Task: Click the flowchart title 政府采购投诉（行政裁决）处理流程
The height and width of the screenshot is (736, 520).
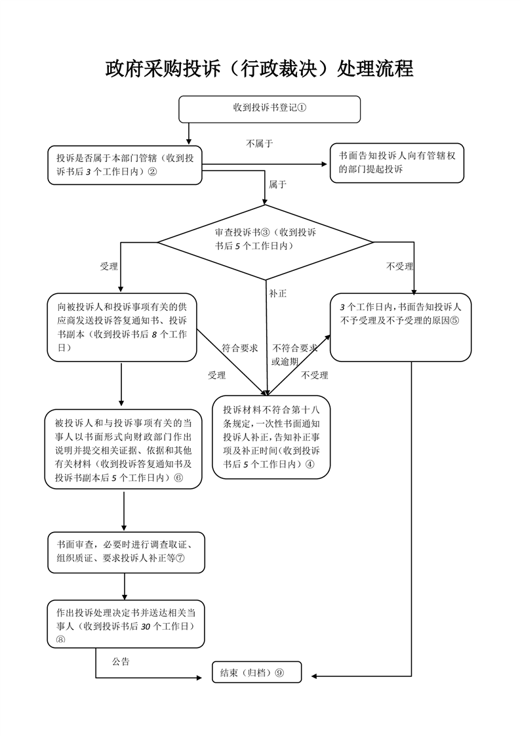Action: pyautogui.click(x=260, y=69)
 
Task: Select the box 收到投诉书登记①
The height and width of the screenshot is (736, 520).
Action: pyautogui.click(x=270, y=109)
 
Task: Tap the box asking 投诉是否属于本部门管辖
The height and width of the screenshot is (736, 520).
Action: pyautogui.click(x=125, y=165)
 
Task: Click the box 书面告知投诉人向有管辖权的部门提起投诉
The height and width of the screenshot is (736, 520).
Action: pyautogui.click(x=397, y=163)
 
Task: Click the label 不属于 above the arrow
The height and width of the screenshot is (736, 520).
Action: pyautogui.click(x=260, y=143)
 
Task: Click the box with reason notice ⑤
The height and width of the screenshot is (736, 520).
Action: pyautogui.click(x=401, y=327)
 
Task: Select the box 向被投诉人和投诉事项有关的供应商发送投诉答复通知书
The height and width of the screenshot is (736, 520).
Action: pyautogui.click(x=122, y=327)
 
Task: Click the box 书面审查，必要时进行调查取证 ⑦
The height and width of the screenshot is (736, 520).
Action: pyautogui.click(x=125, y=551)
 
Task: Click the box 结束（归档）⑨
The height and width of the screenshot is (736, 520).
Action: pyautogui.click(x=256, y=672)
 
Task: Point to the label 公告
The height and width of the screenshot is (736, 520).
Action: pyautogui.click(x=121, y=661)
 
